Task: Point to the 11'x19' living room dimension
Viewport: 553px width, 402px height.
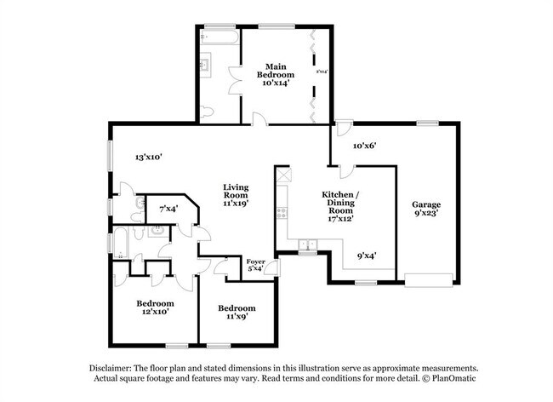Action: pyautogui.click(x=236, y=205)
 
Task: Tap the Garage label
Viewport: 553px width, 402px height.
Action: pyautogui.click(x=426, y=204)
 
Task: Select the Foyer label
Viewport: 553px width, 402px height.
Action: pyautogui.click(x=256, y=261)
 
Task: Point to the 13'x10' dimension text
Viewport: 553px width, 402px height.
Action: pyautogui.click(x=148, y=157)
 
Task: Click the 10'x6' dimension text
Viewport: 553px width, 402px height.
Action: pyautogui.click(x=363, y=146)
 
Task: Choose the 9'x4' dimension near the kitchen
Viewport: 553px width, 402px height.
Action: pyautogui.click(x=368, y=254)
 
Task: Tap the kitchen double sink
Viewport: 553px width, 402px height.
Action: pyautogui.click(x=308, y=246)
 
